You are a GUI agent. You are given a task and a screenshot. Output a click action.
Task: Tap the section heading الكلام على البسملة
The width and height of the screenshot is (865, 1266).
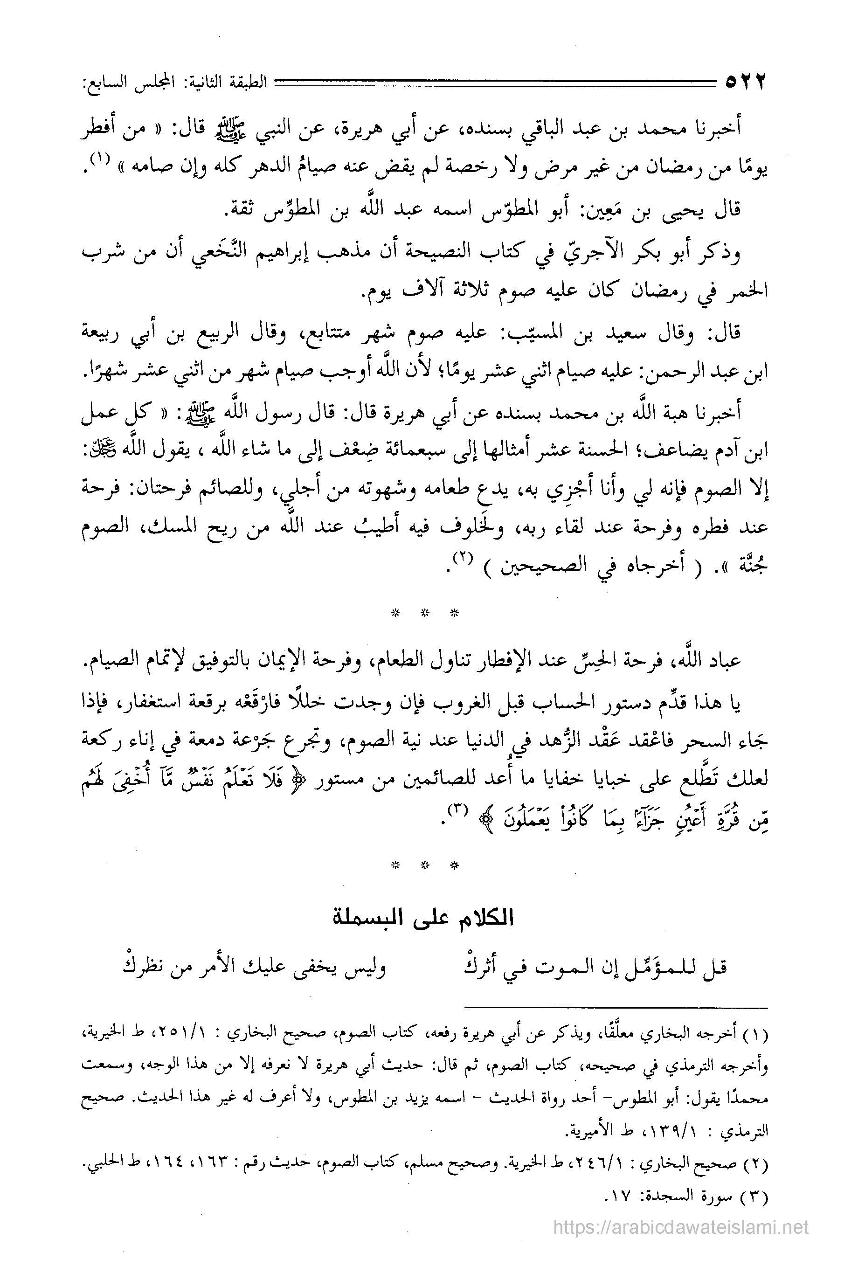[x=424, y=919]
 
